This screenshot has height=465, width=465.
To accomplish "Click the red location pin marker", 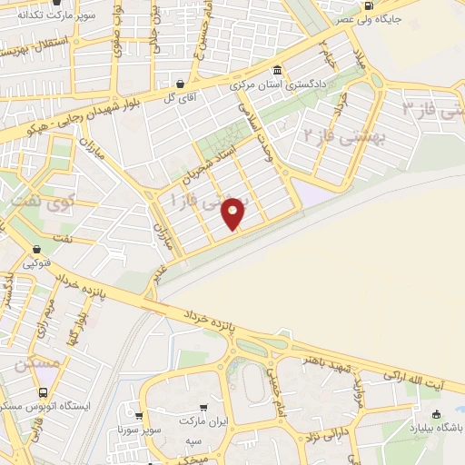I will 233,213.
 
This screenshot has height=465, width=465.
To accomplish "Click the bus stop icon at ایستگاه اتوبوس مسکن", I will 44,392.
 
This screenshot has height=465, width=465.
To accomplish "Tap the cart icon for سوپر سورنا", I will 138,413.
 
